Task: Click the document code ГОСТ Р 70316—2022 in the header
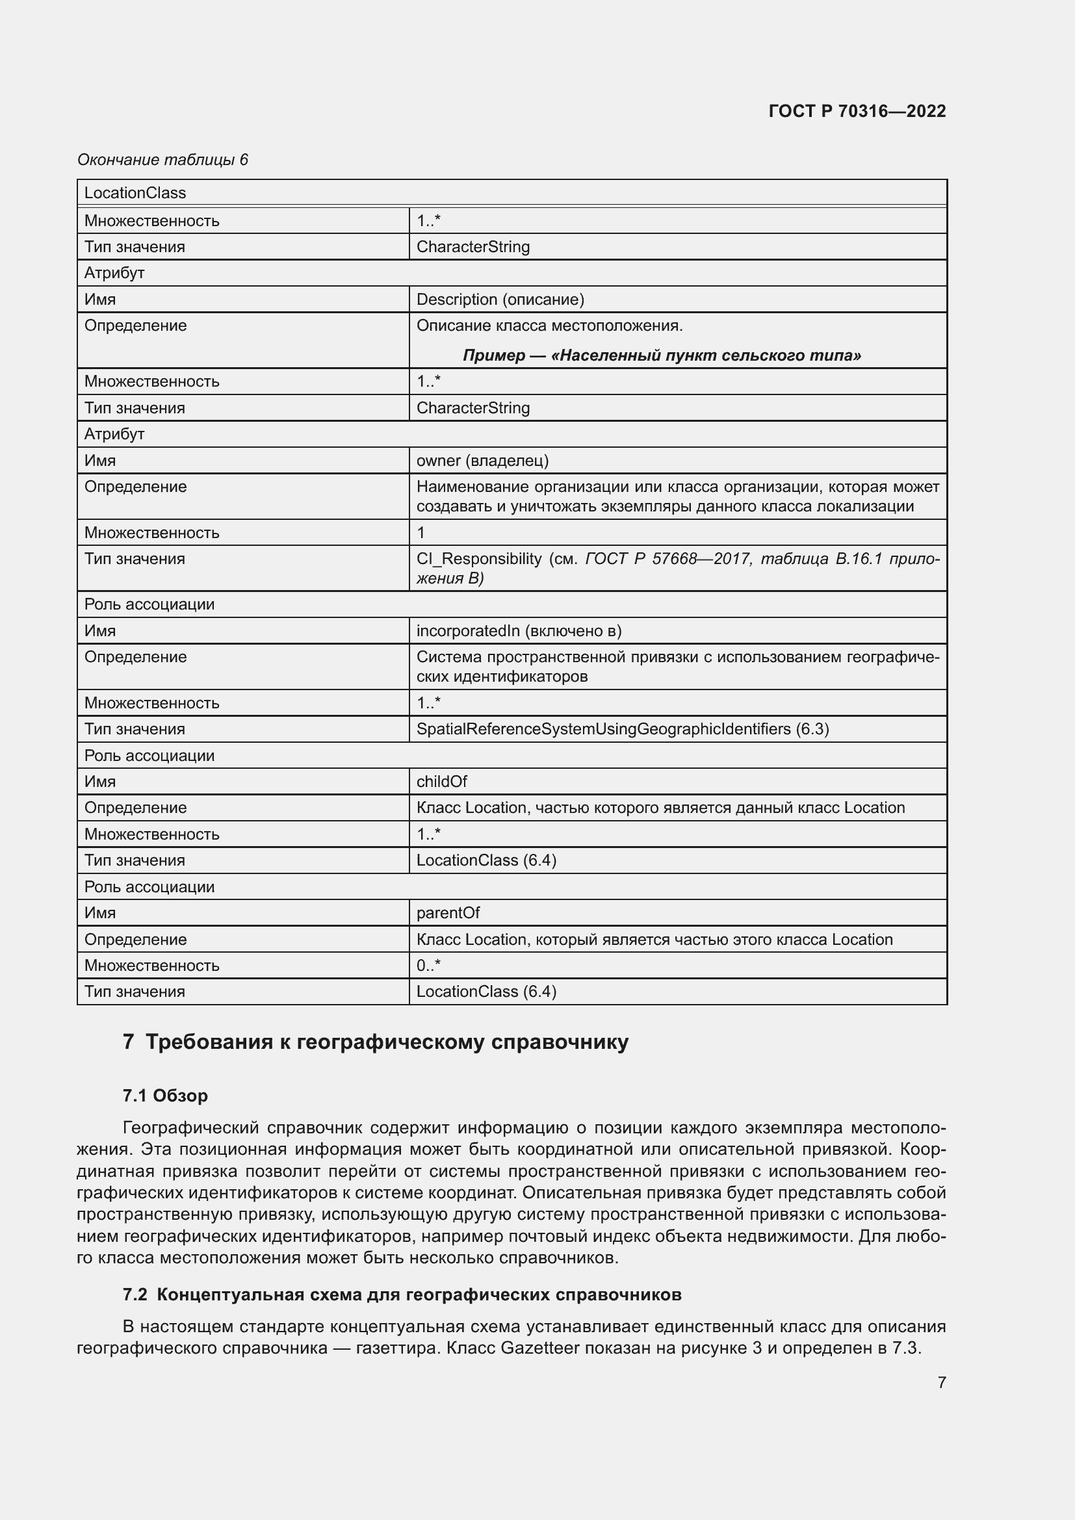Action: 857,111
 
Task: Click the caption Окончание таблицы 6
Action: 162,160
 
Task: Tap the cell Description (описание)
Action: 500,299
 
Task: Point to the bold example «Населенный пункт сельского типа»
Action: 661,355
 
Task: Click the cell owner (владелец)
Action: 482,460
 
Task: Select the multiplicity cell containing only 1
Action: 421,532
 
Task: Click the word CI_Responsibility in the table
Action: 478,559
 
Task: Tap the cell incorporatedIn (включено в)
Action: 518,630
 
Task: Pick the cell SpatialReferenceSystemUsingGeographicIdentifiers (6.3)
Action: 622,729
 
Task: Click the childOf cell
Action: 441,781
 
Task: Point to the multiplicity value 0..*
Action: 428,965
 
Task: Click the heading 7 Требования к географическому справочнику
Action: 375,1042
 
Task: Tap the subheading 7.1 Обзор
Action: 165,1096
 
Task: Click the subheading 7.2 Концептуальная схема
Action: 402,1295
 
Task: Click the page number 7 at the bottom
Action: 941,1382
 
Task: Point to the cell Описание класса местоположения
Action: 549,326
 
